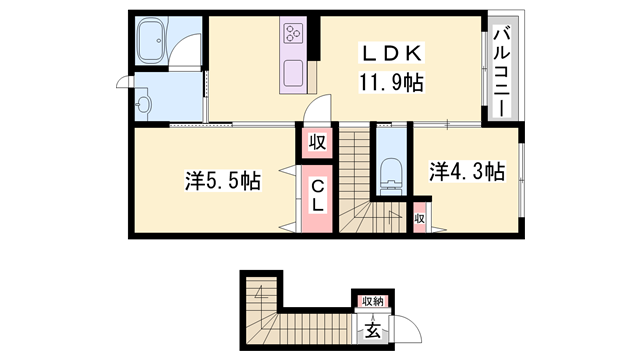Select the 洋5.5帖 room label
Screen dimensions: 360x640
222,182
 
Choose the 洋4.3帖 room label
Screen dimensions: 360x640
466,172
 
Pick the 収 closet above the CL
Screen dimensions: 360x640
315,143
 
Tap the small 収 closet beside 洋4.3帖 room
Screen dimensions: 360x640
420,219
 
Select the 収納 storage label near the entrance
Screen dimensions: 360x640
372,300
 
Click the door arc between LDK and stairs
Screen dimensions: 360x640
317,108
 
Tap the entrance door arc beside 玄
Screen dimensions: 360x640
402,329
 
